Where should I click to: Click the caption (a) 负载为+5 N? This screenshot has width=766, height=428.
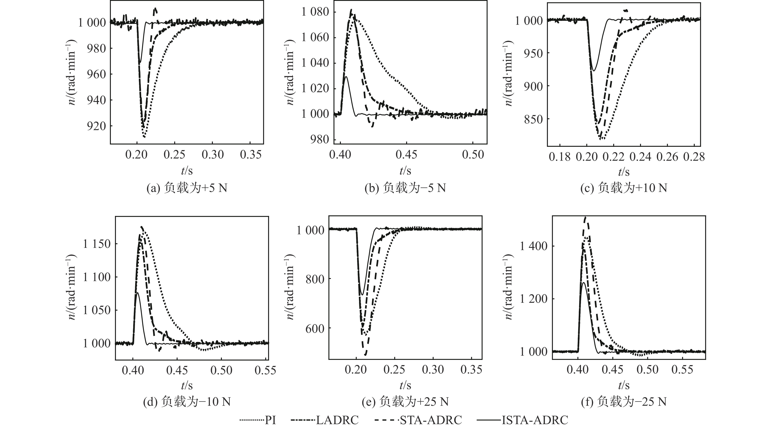pos(187,188)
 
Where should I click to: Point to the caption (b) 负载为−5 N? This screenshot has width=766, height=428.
pos(405,188)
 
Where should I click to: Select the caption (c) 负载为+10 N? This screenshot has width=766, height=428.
pos(624,188)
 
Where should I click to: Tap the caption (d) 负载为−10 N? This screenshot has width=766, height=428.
pos(187,402)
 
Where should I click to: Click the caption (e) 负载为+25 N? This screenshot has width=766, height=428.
pos(405,402)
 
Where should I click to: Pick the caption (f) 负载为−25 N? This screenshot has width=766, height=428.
pos(624,402)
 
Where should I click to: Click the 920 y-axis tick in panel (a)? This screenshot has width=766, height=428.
pos(96,126)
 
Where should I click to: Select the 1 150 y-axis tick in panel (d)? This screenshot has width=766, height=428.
pos(97,244)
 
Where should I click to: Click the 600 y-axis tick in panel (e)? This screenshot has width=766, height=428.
pos(314,328)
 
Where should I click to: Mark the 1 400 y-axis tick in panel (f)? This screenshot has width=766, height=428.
pos(533,246)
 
